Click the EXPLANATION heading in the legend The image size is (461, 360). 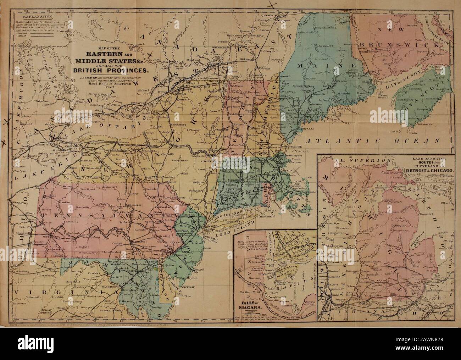point(35,16)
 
